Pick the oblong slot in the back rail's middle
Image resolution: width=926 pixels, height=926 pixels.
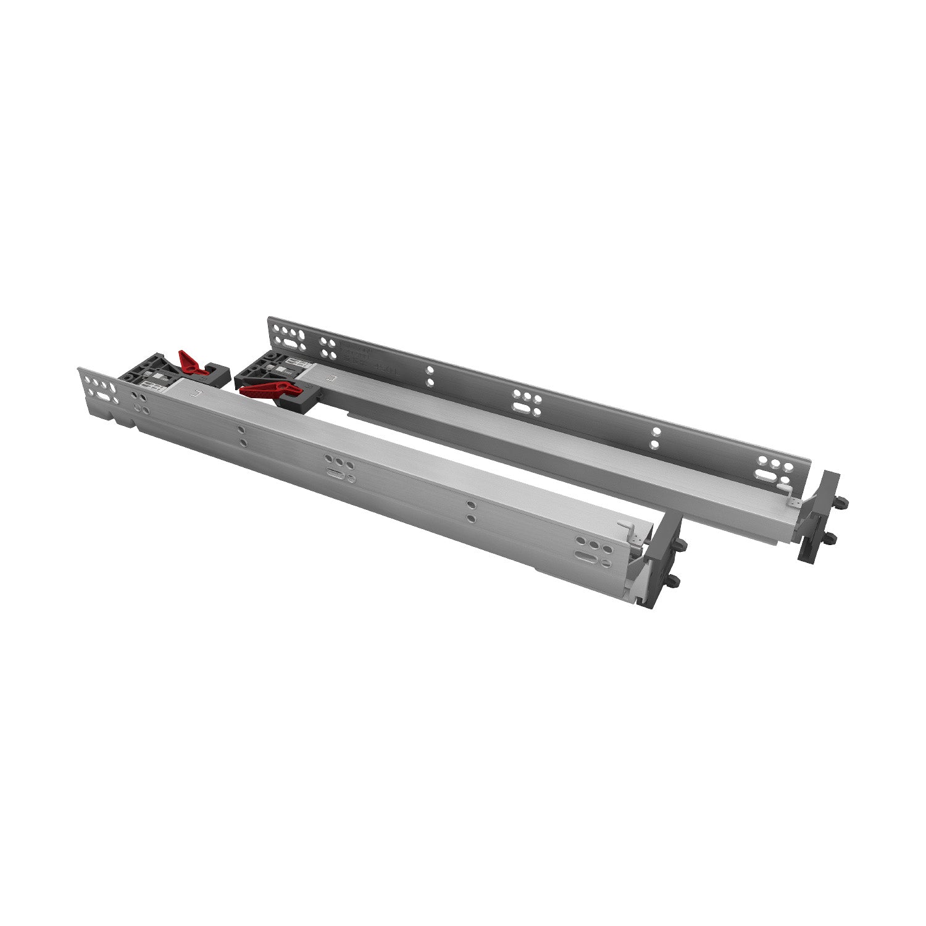coord(524,409)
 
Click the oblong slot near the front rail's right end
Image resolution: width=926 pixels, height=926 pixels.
coord(585,553)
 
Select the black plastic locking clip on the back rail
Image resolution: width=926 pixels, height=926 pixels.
coord(259,369)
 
